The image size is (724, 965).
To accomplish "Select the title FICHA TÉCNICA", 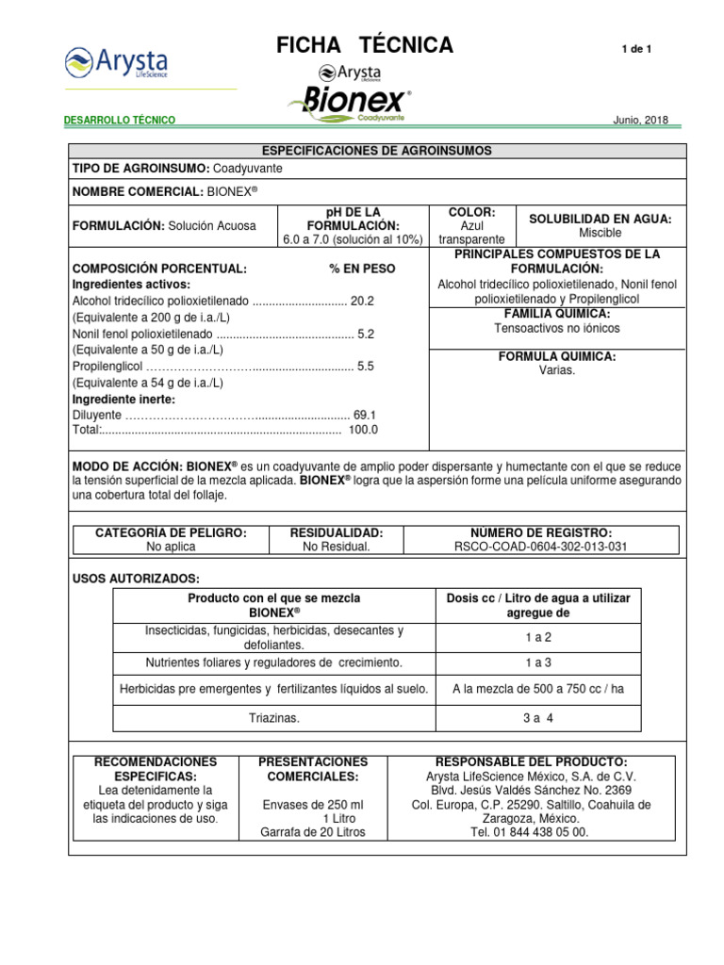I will pos(364,45).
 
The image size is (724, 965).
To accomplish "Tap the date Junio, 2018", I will pos(640,121).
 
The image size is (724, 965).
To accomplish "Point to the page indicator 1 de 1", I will pos(637,49).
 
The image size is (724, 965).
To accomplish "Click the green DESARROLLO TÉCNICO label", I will pos(119,121).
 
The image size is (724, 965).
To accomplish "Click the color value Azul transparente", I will pos(471,233).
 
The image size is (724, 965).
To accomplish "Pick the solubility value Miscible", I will pos(600,232).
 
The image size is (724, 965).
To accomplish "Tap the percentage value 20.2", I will pos(363,301).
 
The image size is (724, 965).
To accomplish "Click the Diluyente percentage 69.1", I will pos(364,415).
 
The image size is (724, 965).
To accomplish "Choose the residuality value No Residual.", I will pos(337,547).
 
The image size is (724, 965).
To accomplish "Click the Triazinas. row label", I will pos(273,718).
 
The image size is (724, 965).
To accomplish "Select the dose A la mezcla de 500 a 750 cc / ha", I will pos(538,689).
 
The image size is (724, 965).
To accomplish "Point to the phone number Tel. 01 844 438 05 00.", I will pos(533,832).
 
